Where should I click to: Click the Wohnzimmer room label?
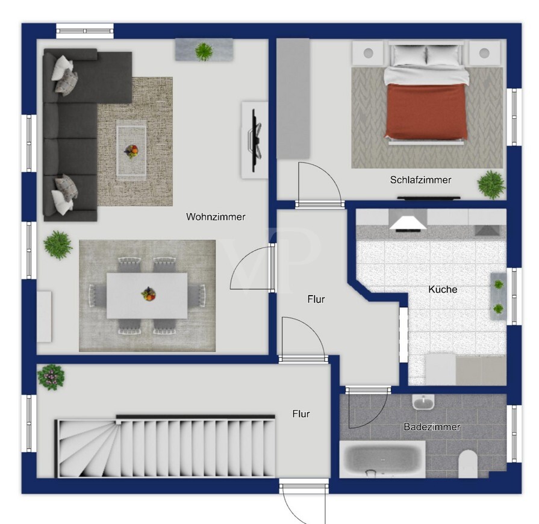click(216, 217)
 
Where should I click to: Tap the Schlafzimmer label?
click(420, 179)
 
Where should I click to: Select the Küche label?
click(443, 289)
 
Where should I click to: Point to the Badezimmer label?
click(432, 426)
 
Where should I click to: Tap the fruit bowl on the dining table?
click(149, 294)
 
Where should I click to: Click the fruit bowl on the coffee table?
click(131, 151)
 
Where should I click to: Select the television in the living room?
click(255, 140)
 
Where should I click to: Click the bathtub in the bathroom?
click(382, 460)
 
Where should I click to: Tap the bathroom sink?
click(423, 401)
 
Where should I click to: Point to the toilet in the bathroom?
click(468, 464)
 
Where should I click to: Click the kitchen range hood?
click(408, 220)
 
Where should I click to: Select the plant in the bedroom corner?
click(491, 185)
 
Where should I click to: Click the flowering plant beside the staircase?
click(51, 377)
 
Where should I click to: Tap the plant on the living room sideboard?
click(204, 52)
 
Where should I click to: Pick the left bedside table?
click(368, 53)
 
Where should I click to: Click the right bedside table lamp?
click(484, 53)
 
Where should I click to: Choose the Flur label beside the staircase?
click(301, 414)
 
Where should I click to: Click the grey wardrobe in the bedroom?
click(293, 99)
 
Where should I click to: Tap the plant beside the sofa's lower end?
click(58, 245)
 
